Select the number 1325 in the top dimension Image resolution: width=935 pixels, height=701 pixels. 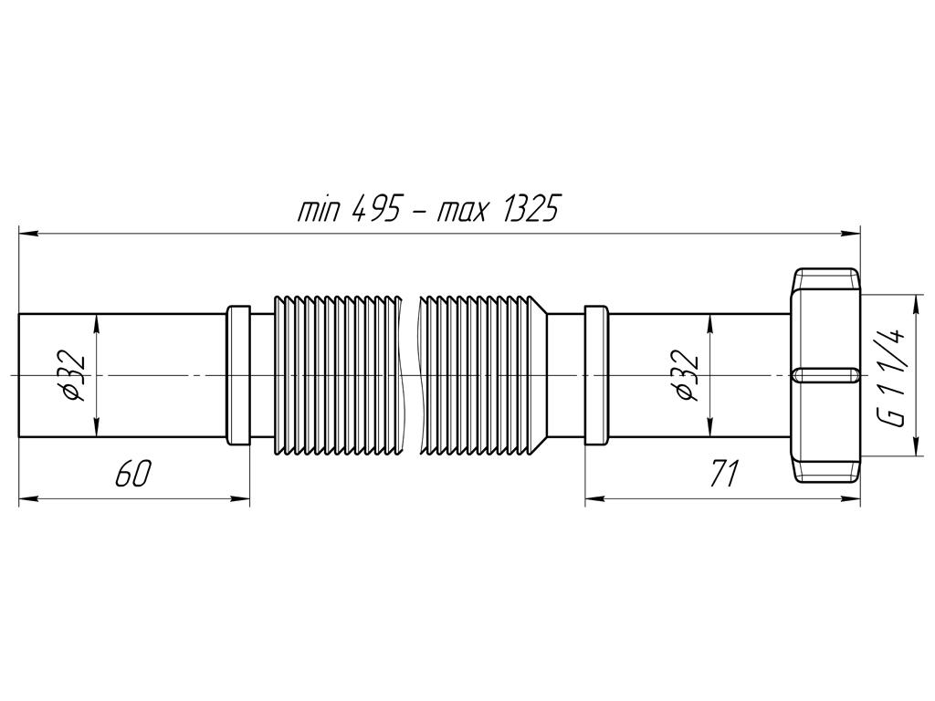coord(523,211)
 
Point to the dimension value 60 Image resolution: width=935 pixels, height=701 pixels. coord(132,475)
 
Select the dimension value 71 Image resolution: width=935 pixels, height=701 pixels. coord(722,475)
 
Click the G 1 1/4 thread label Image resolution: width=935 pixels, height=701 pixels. coord(895,376)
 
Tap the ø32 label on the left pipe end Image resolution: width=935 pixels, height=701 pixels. coord(75,376)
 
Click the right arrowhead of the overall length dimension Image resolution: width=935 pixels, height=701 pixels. coord(854,235)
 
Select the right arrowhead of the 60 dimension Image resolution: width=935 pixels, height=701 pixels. coord(242,498)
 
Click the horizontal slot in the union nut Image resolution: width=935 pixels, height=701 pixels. coord(825,375)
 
